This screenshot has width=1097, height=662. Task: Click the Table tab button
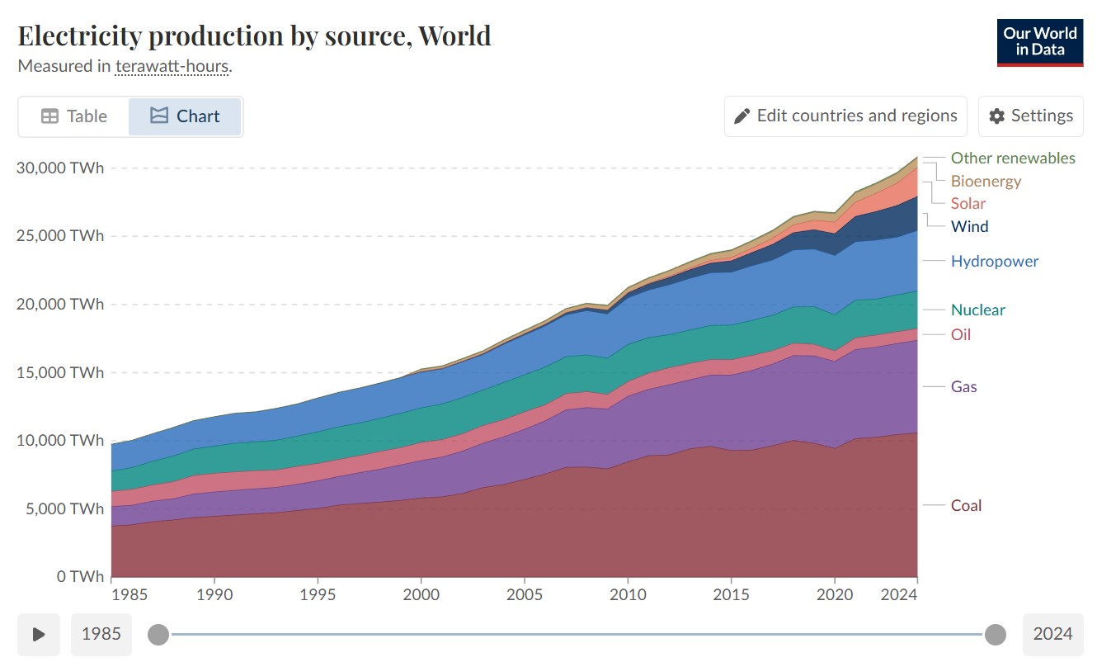click(74, 116)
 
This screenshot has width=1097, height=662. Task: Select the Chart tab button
click(185, 116)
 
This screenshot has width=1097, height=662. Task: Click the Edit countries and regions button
click(845, 116)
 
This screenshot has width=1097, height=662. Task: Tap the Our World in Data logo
click(1039, 42)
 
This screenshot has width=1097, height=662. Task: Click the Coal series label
click(966, 505)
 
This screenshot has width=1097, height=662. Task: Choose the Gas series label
click(963, 386)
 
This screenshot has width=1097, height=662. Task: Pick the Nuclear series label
click(977, 310)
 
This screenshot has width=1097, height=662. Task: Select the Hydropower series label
click(994, 261)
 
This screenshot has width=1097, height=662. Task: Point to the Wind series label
click(969, 226)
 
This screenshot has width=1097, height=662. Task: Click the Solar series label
click(968, 203)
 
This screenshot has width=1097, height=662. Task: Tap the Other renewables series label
click(1013, 158)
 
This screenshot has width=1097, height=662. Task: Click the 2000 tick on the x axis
click(421, 593)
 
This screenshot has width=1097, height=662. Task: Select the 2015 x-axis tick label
click(730, 593)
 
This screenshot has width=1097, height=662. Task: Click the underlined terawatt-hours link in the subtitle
click(172, 66)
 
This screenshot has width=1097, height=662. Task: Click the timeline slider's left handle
click(158, 634)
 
